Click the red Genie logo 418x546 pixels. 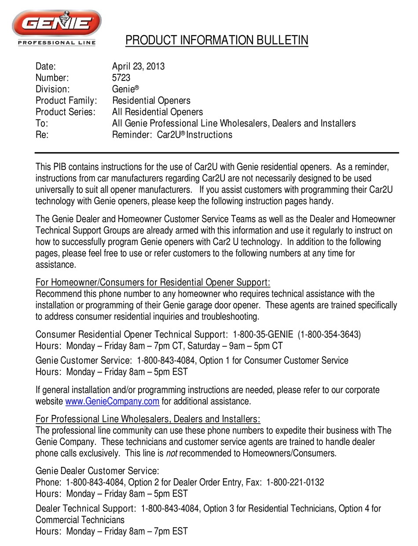click(x=56, y=24)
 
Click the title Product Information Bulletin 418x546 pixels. click(x=216, y=40)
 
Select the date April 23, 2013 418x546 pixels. click(x=138, y=66)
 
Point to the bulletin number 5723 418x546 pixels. click(x=121, y=78)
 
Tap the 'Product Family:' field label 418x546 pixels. click(x=66, y=101)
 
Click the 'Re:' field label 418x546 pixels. click(x=42, y=135)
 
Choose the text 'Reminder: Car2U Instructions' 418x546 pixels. click(x=172, y=135)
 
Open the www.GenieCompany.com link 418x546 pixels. click(x=112, y=401)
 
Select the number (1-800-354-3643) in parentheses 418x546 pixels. click(x=329, y=334)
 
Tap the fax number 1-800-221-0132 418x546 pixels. click(x=295, y=482)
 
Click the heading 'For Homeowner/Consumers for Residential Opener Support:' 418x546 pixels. click(x=153, y=282)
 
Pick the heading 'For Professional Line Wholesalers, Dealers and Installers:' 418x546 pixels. click(x=148, y=419)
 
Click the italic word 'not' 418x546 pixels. click(x=172, y=453)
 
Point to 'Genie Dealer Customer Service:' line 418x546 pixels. click(x=97, y=471)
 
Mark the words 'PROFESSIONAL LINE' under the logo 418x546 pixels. click(x=56, y=43)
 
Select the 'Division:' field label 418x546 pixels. click(x=52, y=89)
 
